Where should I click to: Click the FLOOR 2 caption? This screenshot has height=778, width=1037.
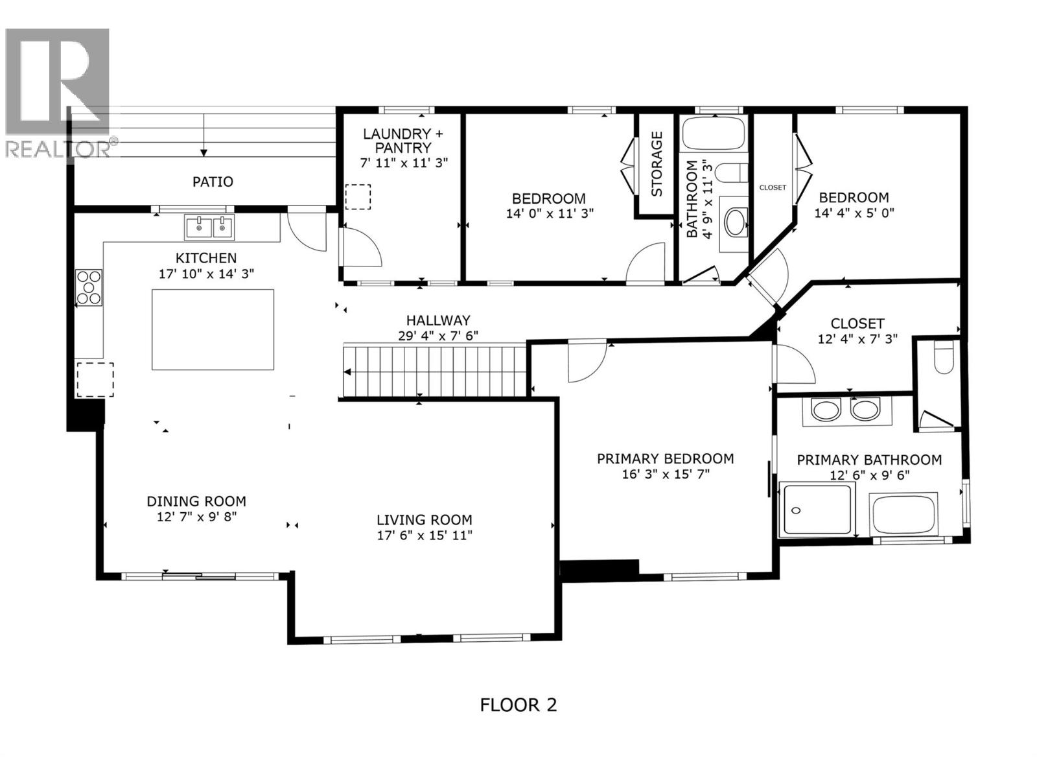coord(518,705)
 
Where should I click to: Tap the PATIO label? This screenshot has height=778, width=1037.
coord(213,182)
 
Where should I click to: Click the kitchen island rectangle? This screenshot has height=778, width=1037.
coord(213,329)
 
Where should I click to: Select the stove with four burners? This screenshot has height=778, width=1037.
coord(89,287)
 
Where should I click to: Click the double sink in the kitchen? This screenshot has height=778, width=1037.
coord(210,227)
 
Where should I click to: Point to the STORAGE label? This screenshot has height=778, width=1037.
coord(657,164)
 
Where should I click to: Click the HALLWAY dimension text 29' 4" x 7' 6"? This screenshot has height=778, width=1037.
coord(438,336)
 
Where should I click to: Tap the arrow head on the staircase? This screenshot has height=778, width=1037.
coord(348,372)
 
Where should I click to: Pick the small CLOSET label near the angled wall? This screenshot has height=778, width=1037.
coord(772,187)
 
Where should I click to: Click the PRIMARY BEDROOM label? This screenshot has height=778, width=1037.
coord(665,459)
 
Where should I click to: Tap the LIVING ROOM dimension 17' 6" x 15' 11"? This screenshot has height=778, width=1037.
coord(425,536)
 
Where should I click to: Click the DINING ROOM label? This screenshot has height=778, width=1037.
coord(196,501)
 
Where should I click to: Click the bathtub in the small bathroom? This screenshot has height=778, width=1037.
coord(713,134)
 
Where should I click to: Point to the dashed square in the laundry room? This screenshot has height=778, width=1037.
coord(357,197)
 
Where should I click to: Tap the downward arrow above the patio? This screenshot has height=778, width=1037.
coord(204,152)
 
